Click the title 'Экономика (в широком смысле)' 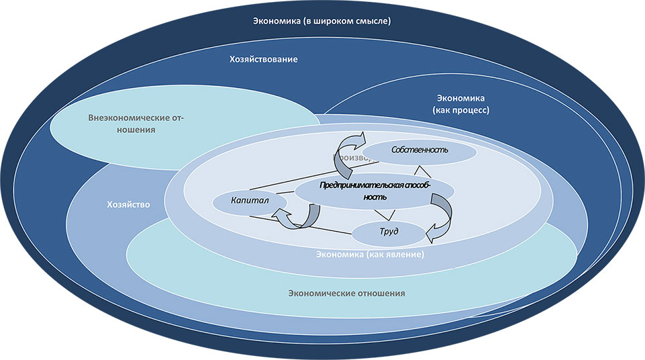tap(322, 21)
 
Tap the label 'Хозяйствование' tap(262, 59)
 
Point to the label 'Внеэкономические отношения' tap(136, 124)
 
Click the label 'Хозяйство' tap(128, 204)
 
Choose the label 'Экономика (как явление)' tap(370, 255)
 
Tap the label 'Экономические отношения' tap(346, 294)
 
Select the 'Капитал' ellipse tap(240, 201)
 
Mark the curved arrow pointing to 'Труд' tap(440, 215)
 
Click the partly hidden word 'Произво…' tap(351, 157)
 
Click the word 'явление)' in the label tap(400, 255)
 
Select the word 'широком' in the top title tap(334, 21)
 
